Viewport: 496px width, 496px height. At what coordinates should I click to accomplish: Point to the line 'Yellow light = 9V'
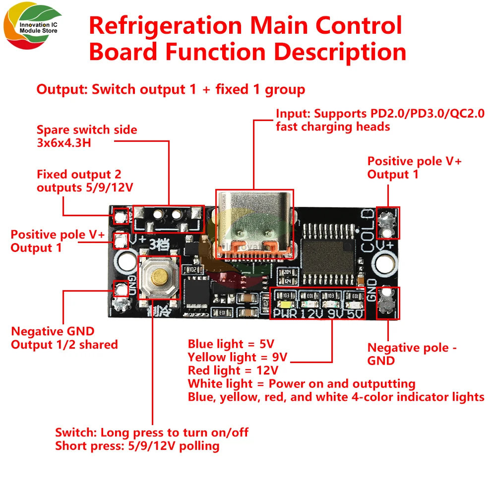click(x=238, y=357)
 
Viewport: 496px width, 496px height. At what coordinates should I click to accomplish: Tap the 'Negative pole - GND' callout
click(x=412, y=354)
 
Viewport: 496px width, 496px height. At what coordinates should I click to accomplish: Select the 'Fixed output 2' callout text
click(x=79, y=175)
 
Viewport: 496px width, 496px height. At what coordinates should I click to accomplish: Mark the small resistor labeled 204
click(x=286, y=272)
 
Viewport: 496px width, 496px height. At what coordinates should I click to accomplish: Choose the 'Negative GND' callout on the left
click(x=53, y=331)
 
